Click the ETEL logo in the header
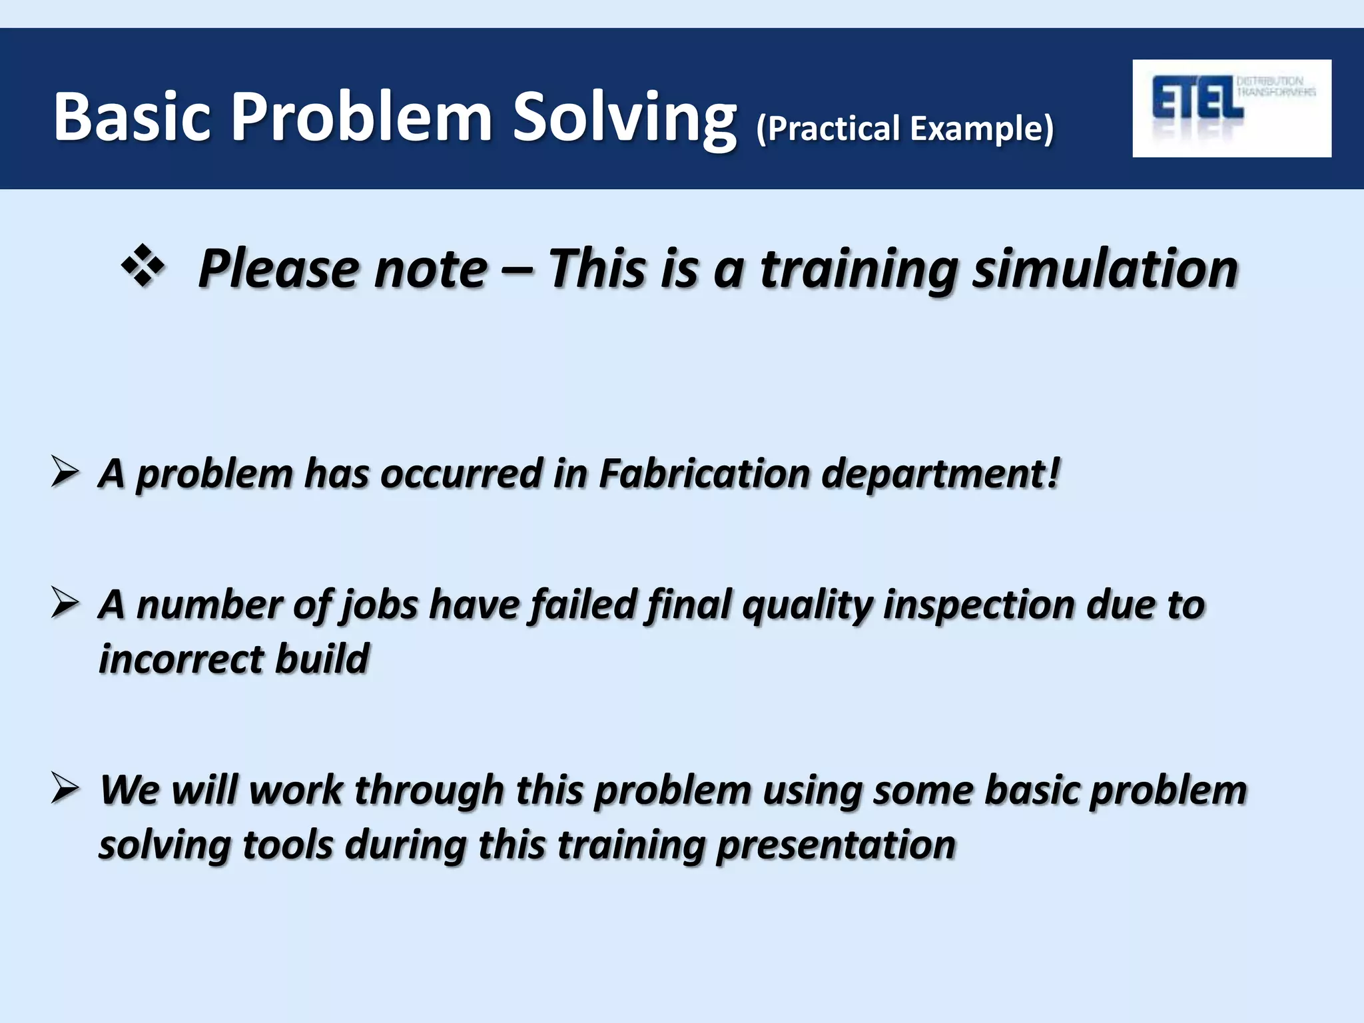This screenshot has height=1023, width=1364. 1231,108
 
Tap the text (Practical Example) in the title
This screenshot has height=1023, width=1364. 905,128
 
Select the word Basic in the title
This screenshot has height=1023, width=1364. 131,117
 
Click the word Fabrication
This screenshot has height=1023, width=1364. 704,474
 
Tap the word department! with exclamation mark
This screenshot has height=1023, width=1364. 940,474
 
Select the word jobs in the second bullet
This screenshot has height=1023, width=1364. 380,605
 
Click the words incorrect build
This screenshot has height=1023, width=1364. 233,659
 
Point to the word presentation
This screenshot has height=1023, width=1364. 836,845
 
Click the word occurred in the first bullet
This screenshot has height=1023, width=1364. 461,474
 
